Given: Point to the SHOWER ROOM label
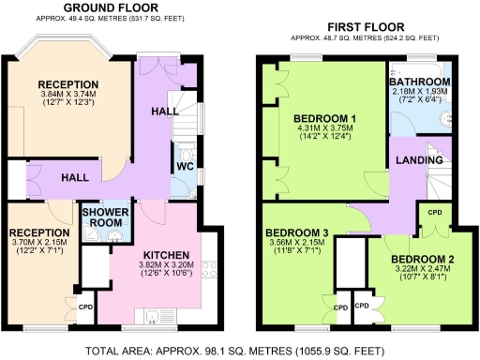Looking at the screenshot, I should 102,217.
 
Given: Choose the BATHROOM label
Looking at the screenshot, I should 419,82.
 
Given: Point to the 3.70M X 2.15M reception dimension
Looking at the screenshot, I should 38,244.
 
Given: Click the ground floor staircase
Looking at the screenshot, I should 186,111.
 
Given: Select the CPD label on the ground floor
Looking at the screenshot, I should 85,307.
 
